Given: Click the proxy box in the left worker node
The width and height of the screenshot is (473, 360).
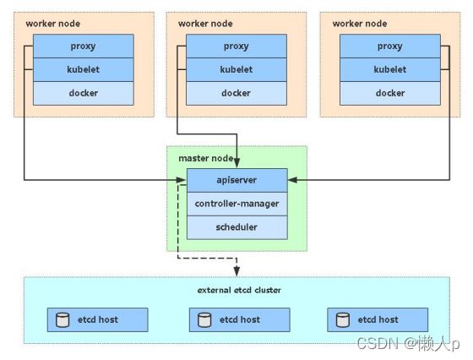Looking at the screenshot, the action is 84,46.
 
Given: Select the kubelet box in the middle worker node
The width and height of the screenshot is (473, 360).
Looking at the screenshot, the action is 236,69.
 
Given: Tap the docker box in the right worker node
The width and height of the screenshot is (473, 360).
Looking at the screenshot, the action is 390,93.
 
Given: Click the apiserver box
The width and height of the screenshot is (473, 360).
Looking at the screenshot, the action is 237,180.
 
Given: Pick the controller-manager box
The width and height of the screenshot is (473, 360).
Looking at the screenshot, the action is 237,204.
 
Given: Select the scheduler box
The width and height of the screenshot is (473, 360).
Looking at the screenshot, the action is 237,227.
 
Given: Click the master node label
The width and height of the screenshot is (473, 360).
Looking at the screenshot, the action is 206,158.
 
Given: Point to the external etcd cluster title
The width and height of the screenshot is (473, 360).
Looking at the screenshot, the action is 239,290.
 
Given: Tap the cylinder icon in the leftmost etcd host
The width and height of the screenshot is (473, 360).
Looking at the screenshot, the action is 63,320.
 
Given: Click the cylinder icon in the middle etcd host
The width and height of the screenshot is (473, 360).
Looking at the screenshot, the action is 204,320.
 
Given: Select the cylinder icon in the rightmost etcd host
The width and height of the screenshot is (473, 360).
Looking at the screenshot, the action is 343,320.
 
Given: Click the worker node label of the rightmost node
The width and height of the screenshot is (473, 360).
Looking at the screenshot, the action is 360,24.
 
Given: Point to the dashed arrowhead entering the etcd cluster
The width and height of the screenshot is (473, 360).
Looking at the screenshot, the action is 236,271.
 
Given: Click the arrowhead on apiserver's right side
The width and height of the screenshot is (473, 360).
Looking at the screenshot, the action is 292,180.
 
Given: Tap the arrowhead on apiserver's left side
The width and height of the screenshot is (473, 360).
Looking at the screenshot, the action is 181,180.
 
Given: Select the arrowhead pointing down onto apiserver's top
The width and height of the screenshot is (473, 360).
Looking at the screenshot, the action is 236,163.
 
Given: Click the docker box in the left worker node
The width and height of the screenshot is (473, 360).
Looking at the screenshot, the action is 84,93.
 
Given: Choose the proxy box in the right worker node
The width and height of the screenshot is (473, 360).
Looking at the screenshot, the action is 390,46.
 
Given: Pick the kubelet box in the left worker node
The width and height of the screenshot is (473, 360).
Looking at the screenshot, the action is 84,69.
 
